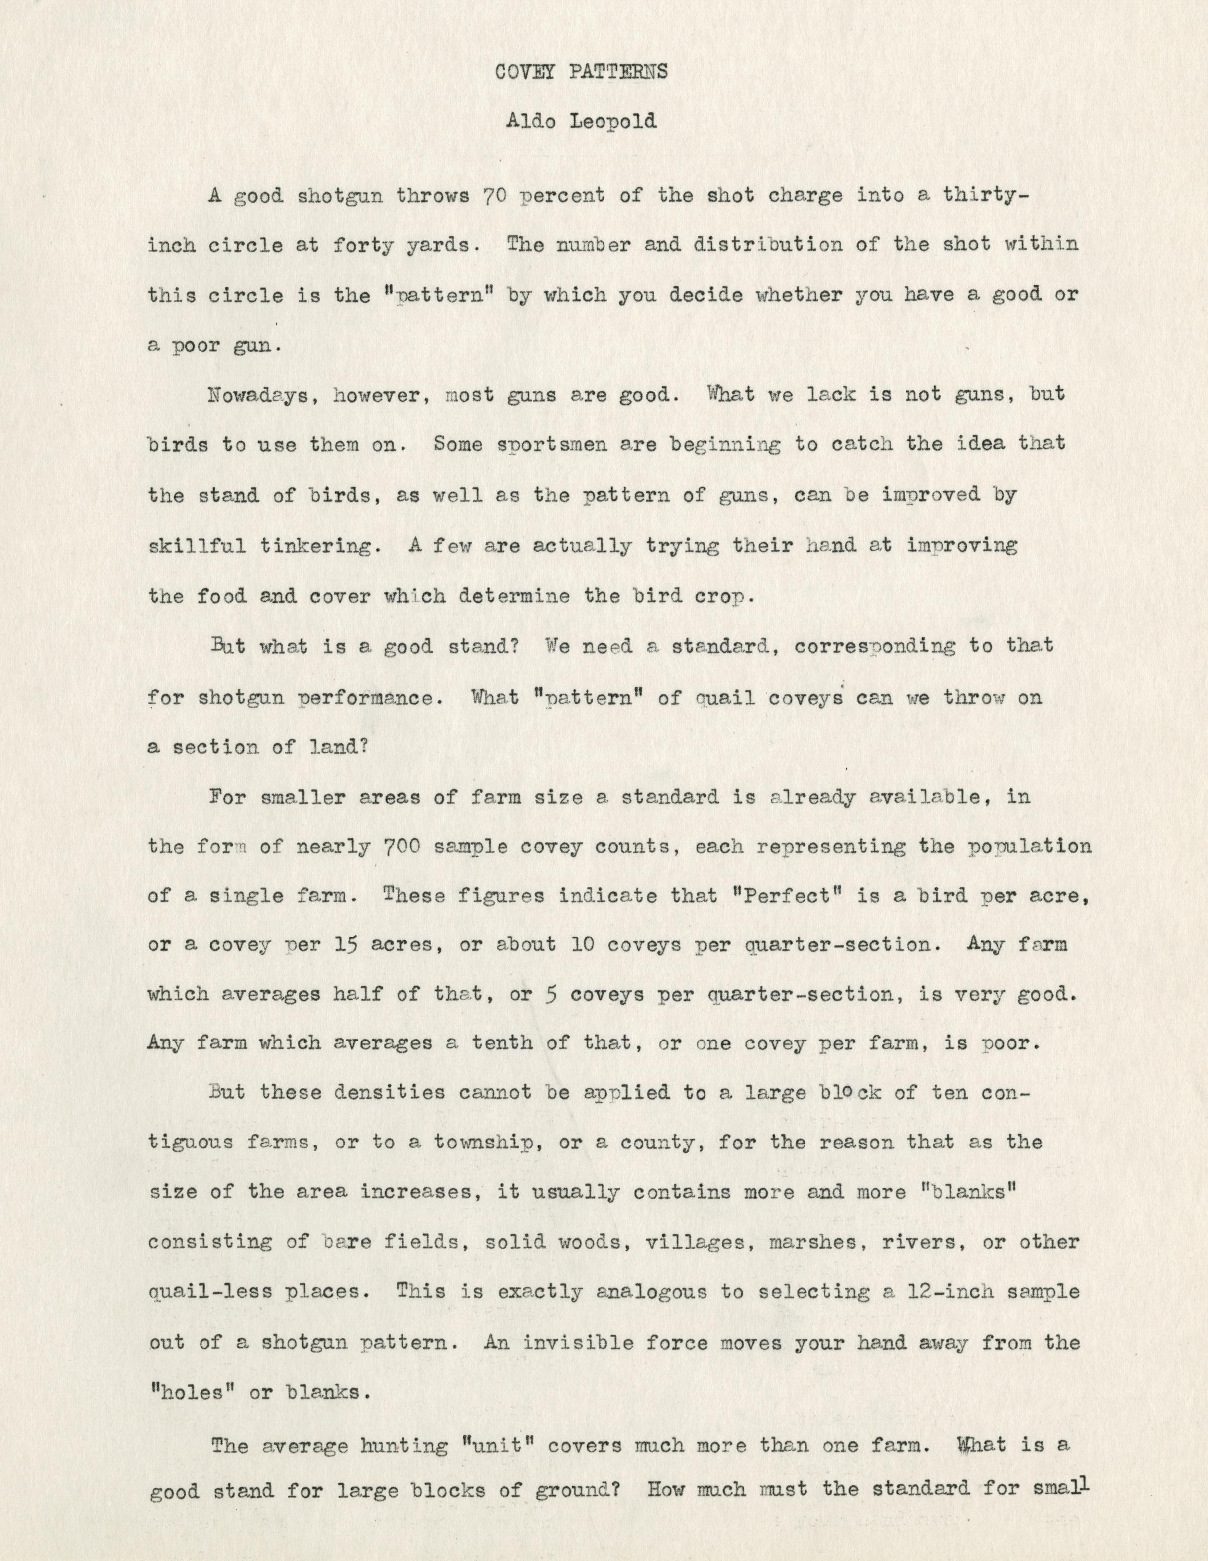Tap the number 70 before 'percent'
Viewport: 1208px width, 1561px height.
click(496, 195)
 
